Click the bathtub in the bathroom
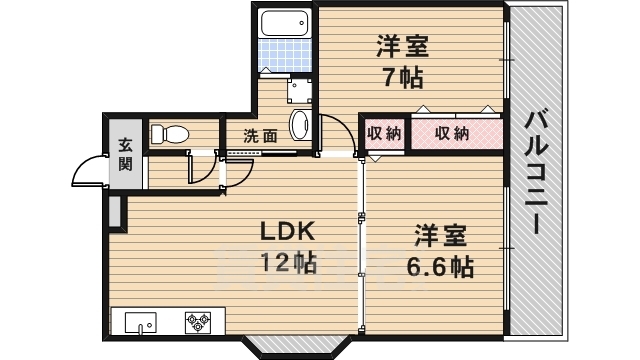[x=284, y=23]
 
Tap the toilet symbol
[x=169, y=133]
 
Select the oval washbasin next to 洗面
[x=300, y=124]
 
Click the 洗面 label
[x=260, y=136]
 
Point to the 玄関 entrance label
[x=125, y=154]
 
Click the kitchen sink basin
[x=140, y=323]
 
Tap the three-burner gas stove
[x=198, y=322]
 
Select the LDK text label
[x=288, y=231]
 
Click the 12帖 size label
[x=288, y=262]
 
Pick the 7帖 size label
[x=402, y=77]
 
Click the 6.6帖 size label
[x=440, y=267]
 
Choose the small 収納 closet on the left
[x=384, y=133]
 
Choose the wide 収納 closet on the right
[x=457, y=133]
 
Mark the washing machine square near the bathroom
[x=299, y=91]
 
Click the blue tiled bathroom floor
[x=284, y=56]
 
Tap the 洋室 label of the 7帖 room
[x=402, y=46]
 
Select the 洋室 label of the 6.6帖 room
[x=440, y=236]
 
